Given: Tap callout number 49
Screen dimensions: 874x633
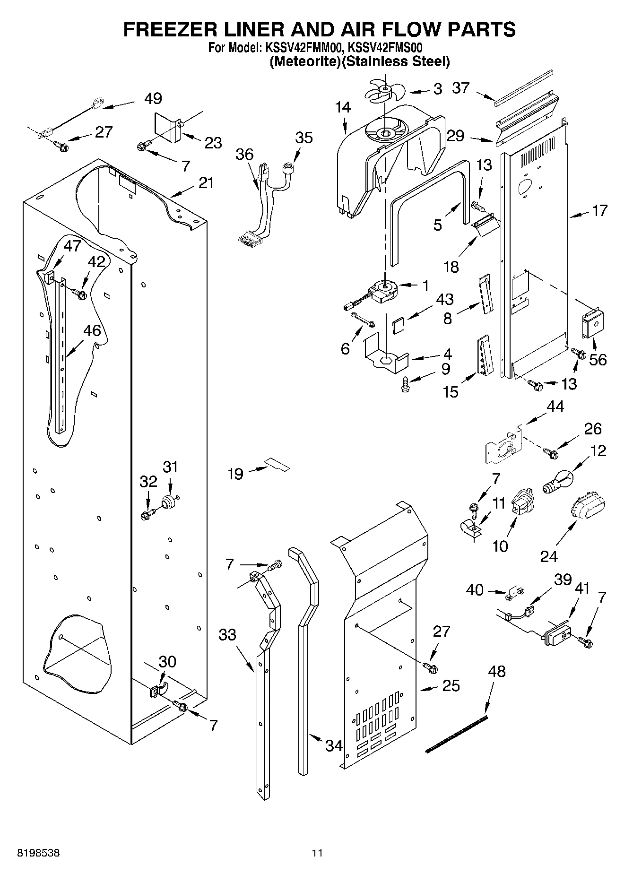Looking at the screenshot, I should coord(153,98).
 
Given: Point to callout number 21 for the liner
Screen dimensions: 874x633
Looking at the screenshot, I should coord(206,182).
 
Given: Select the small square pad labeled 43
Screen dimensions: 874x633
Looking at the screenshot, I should coord(399,326).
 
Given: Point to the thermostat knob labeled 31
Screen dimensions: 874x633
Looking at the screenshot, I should coord(169,502).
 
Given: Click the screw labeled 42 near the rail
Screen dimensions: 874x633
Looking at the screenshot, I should coord(79,294).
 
